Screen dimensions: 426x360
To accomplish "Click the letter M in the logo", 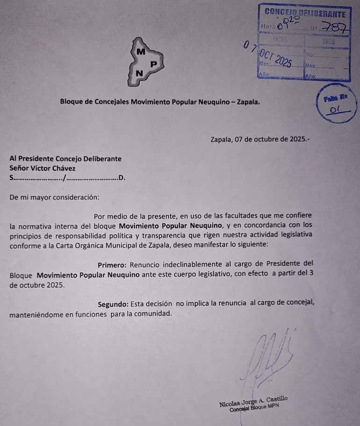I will pos(140,51).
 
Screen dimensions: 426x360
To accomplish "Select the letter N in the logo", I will pos(139,73).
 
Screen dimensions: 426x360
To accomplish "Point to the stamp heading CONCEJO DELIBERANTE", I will pos(305,12).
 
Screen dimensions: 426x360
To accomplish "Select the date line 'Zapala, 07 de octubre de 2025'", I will pos(259,139).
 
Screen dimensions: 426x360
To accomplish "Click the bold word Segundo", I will pos(113,303).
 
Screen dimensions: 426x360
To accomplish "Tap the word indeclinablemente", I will pos(194,265).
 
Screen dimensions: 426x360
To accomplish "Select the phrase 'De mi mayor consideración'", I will pos(54,197).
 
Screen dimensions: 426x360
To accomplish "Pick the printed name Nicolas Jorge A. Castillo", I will pos(253,402).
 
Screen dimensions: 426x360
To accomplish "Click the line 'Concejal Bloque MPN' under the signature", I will pos(254,409).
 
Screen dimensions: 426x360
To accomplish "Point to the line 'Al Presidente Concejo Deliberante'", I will pos(65,159).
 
